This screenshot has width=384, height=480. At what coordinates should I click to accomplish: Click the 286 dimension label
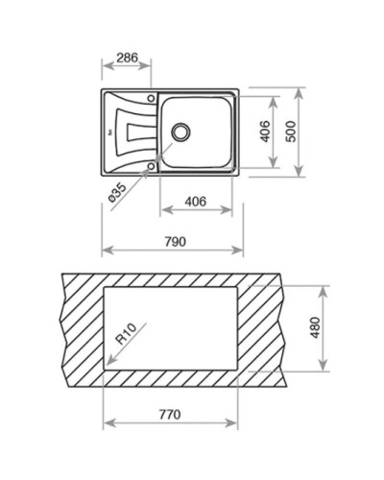[126, 58]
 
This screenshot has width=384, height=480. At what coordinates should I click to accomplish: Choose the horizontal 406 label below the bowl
[196, 202]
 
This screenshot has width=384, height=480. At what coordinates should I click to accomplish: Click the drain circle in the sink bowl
[180, 130]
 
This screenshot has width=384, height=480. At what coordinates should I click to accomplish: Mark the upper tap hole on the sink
[151, 96]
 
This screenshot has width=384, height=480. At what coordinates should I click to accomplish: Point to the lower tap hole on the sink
[151, 165]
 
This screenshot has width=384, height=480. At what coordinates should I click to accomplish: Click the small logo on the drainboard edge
[110, 131]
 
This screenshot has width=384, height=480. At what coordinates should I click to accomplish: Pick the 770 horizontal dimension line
[169, 424]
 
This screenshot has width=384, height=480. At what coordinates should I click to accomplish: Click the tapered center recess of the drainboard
[134, 131]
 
